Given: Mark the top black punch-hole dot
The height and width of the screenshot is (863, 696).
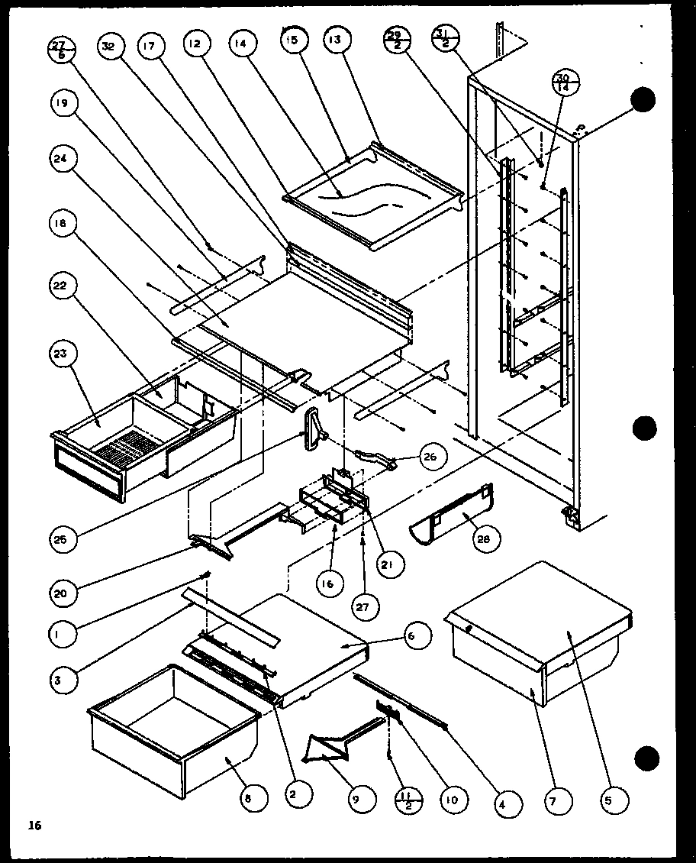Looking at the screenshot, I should tap(643, 100).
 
